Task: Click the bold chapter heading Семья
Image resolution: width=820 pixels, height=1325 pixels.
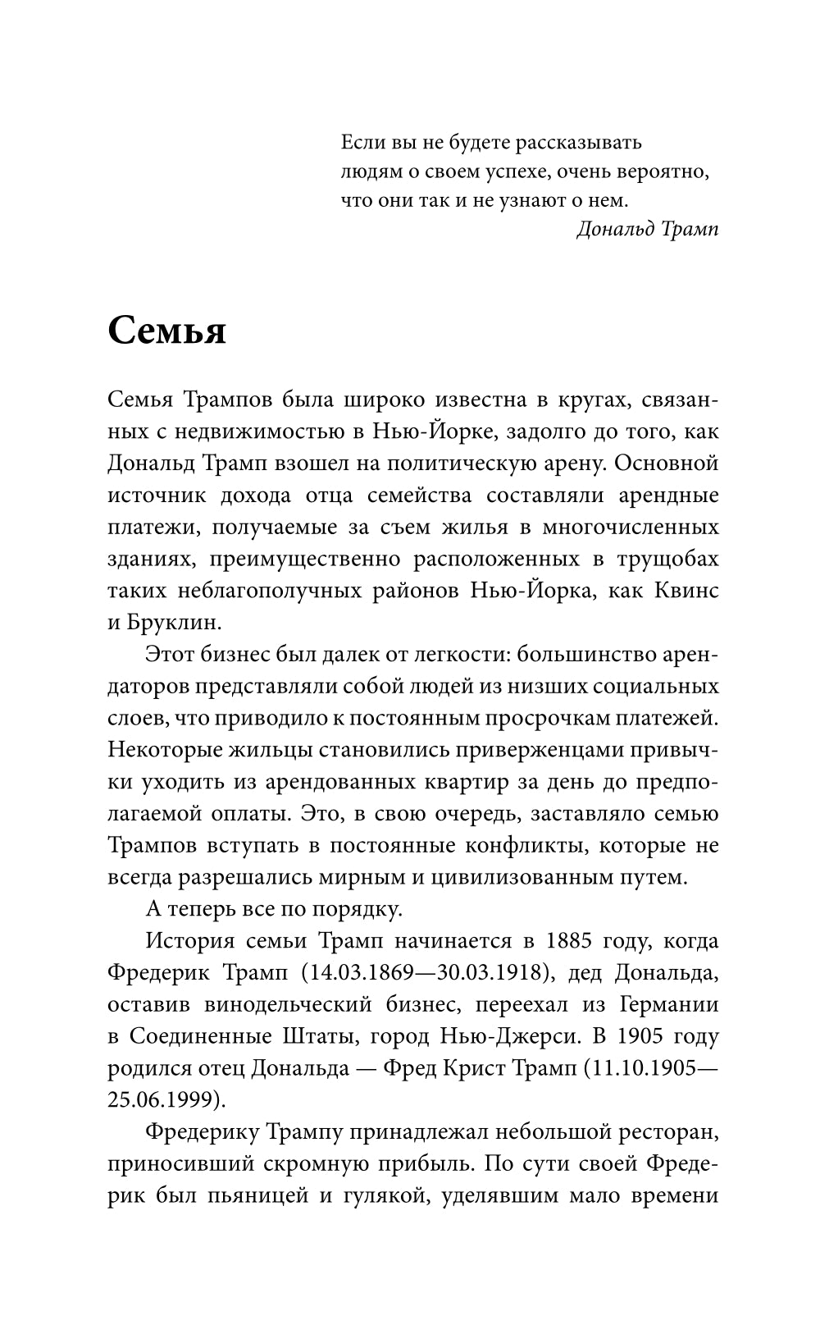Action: point(166,331)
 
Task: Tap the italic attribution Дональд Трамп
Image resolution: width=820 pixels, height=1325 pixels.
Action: point(647,229)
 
